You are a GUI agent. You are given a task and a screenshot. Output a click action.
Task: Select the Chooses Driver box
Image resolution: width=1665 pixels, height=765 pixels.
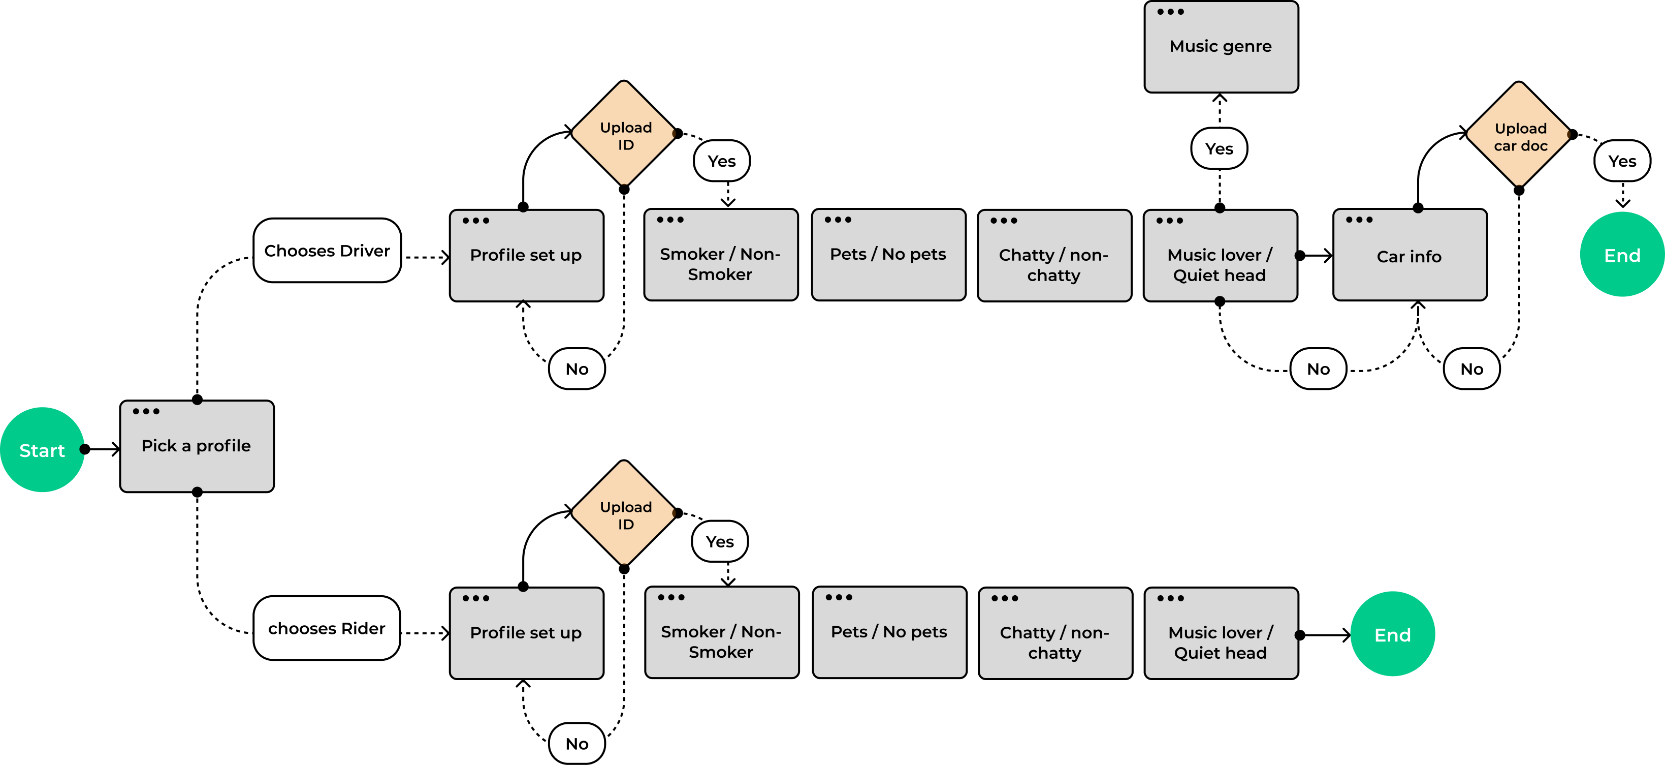coord(327,250)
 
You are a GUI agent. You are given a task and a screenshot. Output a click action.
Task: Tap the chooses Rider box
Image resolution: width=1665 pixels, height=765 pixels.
coord(327,628)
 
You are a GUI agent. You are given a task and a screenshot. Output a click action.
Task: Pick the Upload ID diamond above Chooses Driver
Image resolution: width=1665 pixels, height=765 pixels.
coord(624,133)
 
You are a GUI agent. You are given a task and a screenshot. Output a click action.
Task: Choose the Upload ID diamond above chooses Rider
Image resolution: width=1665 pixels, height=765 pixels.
coord(624,513)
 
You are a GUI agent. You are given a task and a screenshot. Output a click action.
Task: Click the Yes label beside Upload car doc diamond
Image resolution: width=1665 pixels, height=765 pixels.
coord(1622,161)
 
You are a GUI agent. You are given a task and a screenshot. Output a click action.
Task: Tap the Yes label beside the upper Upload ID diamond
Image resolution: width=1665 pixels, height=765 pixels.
coord(721,161)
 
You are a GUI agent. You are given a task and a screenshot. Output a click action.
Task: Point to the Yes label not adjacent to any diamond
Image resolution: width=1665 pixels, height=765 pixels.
coord(1219,149)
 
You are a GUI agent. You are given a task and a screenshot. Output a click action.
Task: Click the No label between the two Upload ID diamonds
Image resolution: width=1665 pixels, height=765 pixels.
coord(577,369)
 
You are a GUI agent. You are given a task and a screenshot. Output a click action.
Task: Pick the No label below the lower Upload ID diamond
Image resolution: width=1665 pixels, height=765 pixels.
coord(577,744)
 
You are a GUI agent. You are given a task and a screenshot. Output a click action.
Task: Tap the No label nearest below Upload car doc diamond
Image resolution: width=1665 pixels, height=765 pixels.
coord(1472,369)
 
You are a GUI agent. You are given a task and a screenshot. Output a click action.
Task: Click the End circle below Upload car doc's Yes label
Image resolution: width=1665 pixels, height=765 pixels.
coord(1622,255)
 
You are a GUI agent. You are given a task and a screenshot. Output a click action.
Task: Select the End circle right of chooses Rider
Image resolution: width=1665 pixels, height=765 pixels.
coord(1392,634)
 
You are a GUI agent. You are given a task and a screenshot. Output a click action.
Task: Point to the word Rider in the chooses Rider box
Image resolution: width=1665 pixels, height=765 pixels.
coord(363,629)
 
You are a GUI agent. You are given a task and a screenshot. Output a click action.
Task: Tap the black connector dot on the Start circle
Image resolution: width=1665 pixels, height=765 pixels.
coord(83,449)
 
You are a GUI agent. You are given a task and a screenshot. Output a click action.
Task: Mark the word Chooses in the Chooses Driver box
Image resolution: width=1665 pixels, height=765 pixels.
coord(299,251)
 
